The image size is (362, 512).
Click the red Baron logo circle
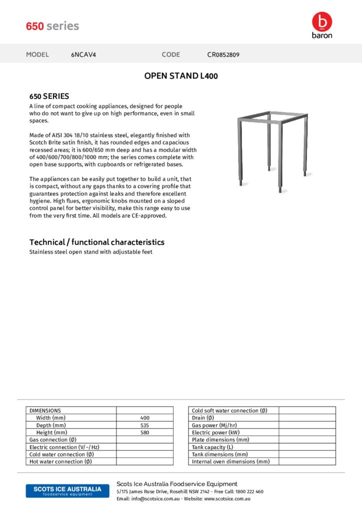pyautogui.click(x=322, y=21)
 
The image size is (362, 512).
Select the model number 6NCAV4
pyautogui.click(x=83, y=54)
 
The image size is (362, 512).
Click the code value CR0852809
pyautogui.click(x=223, y=54)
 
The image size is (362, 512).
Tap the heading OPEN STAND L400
pyautogui.click(x=181, y=76)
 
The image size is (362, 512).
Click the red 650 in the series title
pyautogui.click(x=35, y=26)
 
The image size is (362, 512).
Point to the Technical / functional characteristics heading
pyautogui.click(x=97, y=242)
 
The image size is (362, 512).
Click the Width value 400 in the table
pyautogui.click(x=145, y=418)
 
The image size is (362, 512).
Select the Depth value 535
pyautogui.click(x=145, y=425)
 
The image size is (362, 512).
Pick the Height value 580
pyautogui.click(x=145, y=432)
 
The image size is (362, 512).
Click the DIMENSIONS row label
pyautogui.click(x=45, y=410)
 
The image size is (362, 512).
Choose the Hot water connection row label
pyautogui.click(x=60, y=462)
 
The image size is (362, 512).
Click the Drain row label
pyautogui.click(x=203, y=418)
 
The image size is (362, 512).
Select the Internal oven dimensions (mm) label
pyautogui.click(x=230, y=462)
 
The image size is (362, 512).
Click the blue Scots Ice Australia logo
pyautogui.click(x=67, y=490)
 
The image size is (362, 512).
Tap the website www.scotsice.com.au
pyautogui.click(x=227, y=499)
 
